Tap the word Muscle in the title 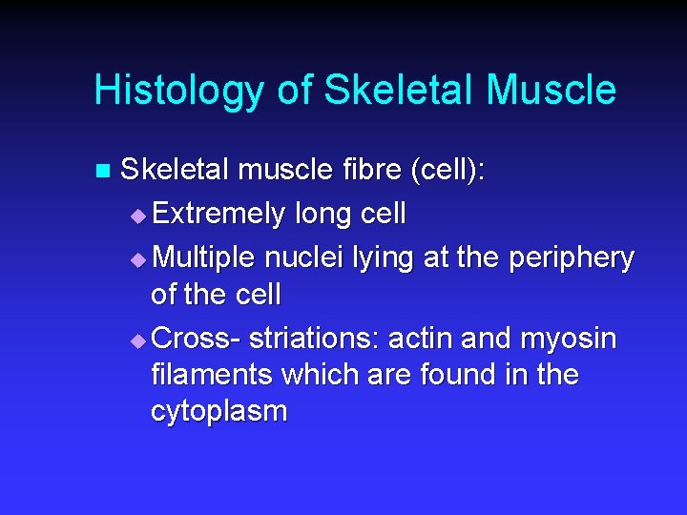(x=551, y=92)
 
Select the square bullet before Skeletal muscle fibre (x=103, y=173)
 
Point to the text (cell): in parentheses (x=447, y=172)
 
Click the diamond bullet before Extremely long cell (x=140, y=216)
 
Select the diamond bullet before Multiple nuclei (x=140, y=258)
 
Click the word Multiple (x=203, y=257)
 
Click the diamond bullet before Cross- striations (x=140, y=340)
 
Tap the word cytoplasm (x=219, y=411)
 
